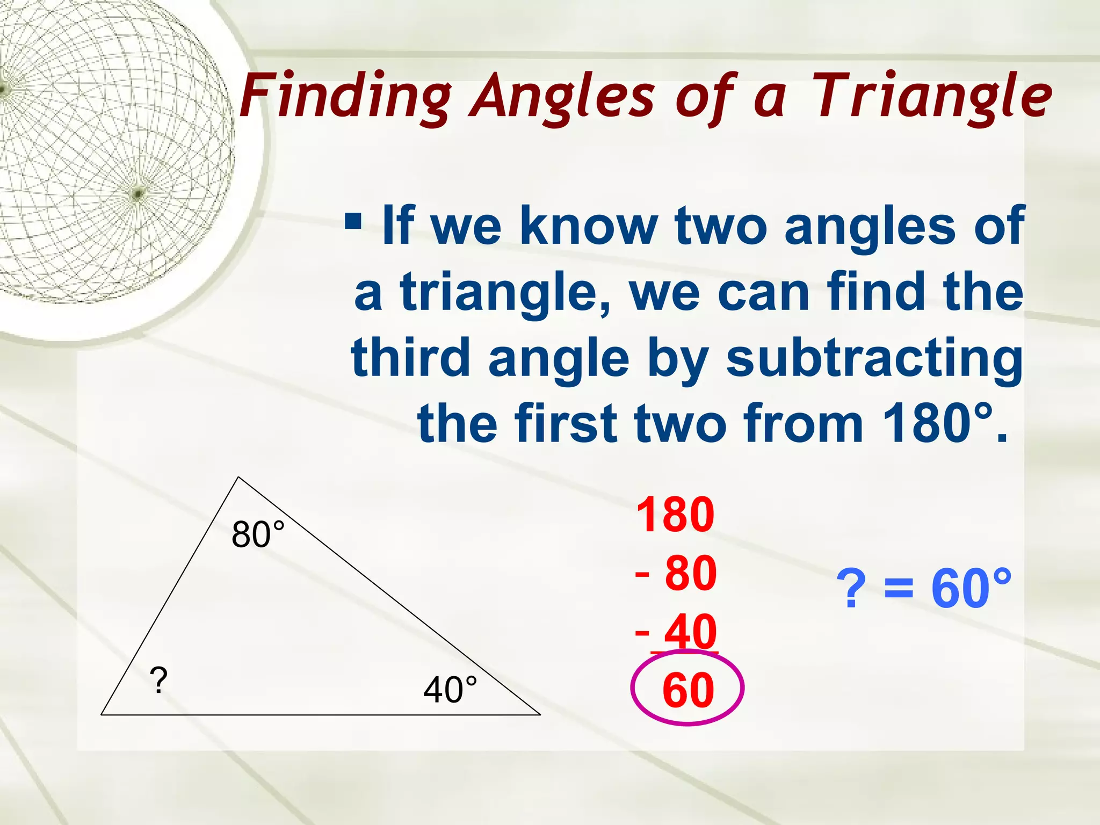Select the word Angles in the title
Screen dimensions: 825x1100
pos(562,97)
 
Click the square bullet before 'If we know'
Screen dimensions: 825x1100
pos(353,221)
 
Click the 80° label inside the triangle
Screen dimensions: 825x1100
pos(258,535)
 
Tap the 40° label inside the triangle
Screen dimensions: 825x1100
pos(450,690)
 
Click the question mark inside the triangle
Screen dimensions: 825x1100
pos(158,681)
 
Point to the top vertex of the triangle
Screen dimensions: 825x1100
pos(238,477)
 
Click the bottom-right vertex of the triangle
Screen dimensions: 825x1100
pos(540,714)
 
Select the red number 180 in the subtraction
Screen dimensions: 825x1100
pos(675,515)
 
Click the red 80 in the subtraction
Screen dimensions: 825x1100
pos(690,573)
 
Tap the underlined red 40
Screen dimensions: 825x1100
pos(691,632)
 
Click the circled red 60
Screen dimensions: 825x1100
pos(688,690)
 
